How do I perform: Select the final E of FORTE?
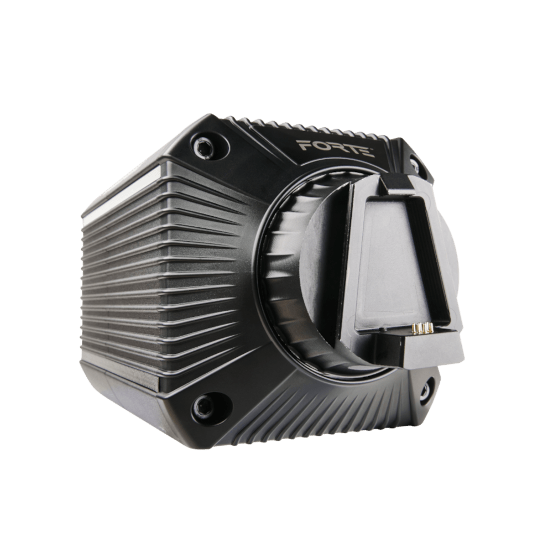(x=368, y=151)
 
